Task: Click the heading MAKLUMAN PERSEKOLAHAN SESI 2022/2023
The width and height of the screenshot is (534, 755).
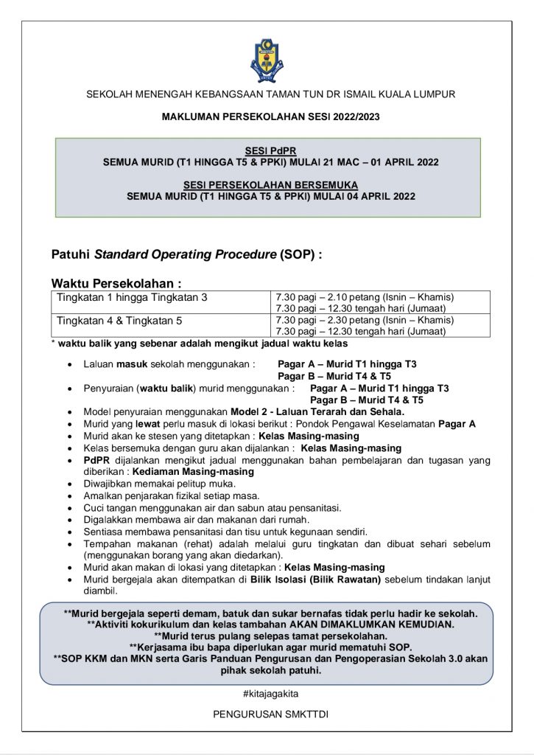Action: coord(270,116)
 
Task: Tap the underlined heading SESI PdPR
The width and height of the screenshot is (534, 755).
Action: coord(270,150)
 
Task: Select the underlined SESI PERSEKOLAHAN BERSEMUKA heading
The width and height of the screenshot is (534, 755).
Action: coord(270,184)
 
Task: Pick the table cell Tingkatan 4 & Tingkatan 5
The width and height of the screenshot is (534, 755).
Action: coord(119,321)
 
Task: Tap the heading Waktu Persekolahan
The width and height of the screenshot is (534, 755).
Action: coord(116,283)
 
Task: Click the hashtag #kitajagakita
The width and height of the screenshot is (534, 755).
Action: coord(270,694)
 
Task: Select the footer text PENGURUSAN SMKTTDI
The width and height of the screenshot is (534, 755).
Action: coord(270,714)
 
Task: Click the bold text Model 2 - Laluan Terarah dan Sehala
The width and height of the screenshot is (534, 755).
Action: coord(317,411)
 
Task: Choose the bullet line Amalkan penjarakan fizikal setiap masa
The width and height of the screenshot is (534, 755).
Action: coord(172,496)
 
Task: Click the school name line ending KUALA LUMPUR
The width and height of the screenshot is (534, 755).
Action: coord(270,94)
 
